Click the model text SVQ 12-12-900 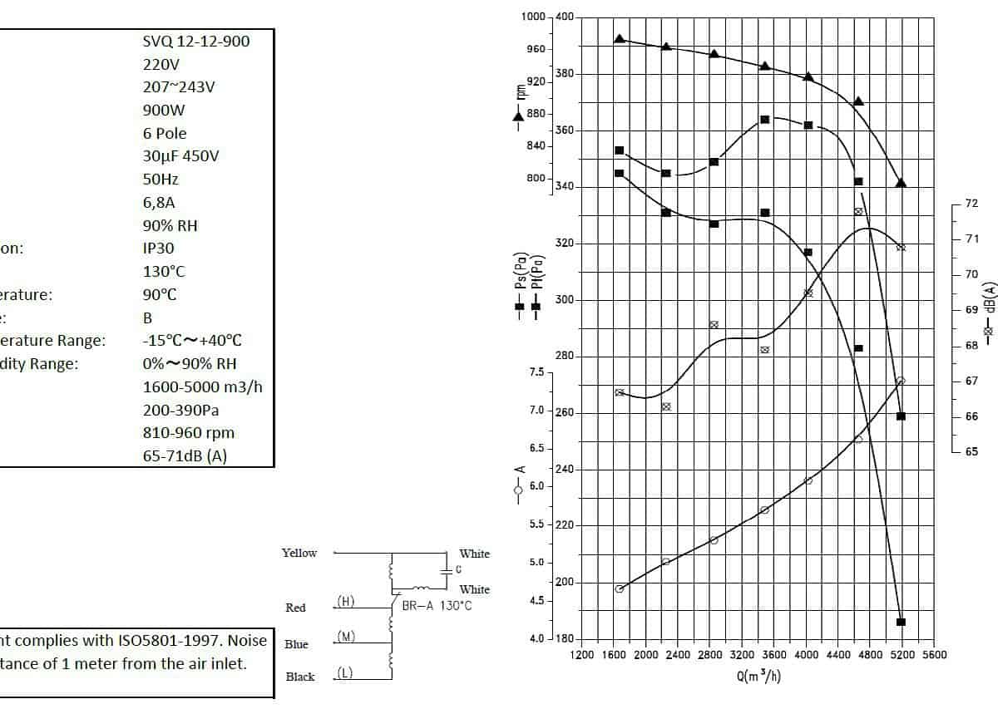[x=195, y=41]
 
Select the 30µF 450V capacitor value [x=180, y=156]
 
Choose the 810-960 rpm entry [x=189, y=433]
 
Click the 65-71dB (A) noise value [x=185, y=456]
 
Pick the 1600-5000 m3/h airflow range [x=203, y=387]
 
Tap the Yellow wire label [x=299, y=553]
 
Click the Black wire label [x=300, y=677]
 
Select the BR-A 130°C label [x=437, y=606]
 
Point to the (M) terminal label [x=347, y=637]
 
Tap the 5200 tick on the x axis [x=902, y=655]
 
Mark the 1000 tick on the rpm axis [x=533, y=17]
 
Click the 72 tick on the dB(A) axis [x=971, y=204]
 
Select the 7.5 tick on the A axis [x=536, y=372]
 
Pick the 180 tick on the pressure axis [x=564, y=638]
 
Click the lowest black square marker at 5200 [x=901, y=622]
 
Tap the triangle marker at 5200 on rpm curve [x=901, y=183]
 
